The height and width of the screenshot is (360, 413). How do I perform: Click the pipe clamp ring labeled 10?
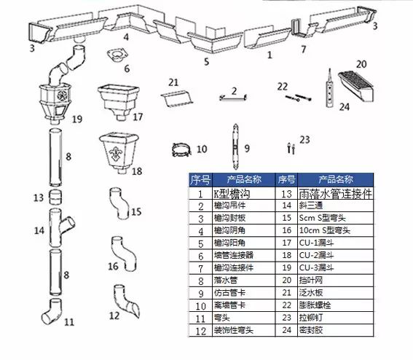178,150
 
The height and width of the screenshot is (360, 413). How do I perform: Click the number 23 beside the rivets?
304,138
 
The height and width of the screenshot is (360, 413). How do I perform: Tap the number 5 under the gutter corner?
206,62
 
